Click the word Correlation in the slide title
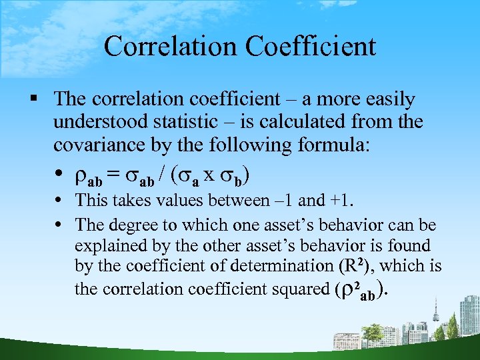click(171, 47)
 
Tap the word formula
click(326, 145)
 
